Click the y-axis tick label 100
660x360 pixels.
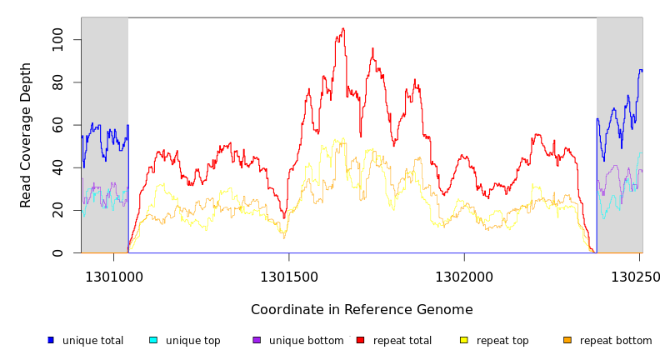(x=57, y=40)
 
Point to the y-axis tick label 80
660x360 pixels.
(x=57, y=82)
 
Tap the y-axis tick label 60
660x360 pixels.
(x=57, y=125)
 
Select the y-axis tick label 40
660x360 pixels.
(x=57, y=167)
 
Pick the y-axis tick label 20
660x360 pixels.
(x=57, y=211)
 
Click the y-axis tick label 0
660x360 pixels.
(x=57, y=252)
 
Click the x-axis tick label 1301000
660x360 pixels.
(x=113, y=277)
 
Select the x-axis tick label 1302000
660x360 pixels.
(x=464, y=277)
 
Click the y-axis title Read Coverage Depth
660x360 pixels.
(x=27, y=135)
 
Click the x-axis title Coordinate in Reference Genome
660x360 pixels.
(x=362, y=310)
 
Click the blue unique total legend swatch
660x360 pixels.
(x=51, y=340)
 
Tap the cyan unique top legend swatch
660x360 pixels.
(x=153, y=340)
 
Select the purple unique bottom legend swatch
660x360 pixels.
(x=257, y=340)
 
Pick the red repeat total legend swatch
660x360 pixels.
(x=360, y=340)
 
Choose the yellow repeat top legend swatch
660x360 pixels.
(x=464, y=340)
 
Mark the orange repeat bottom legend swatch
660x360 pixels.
(x=567, y=340)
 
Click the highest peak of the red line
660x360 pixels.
(x=342, y=28)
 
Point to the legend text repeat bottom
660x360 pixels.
(x=616, y=341)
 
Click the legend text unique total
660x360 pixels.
(x=92, y=341)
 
